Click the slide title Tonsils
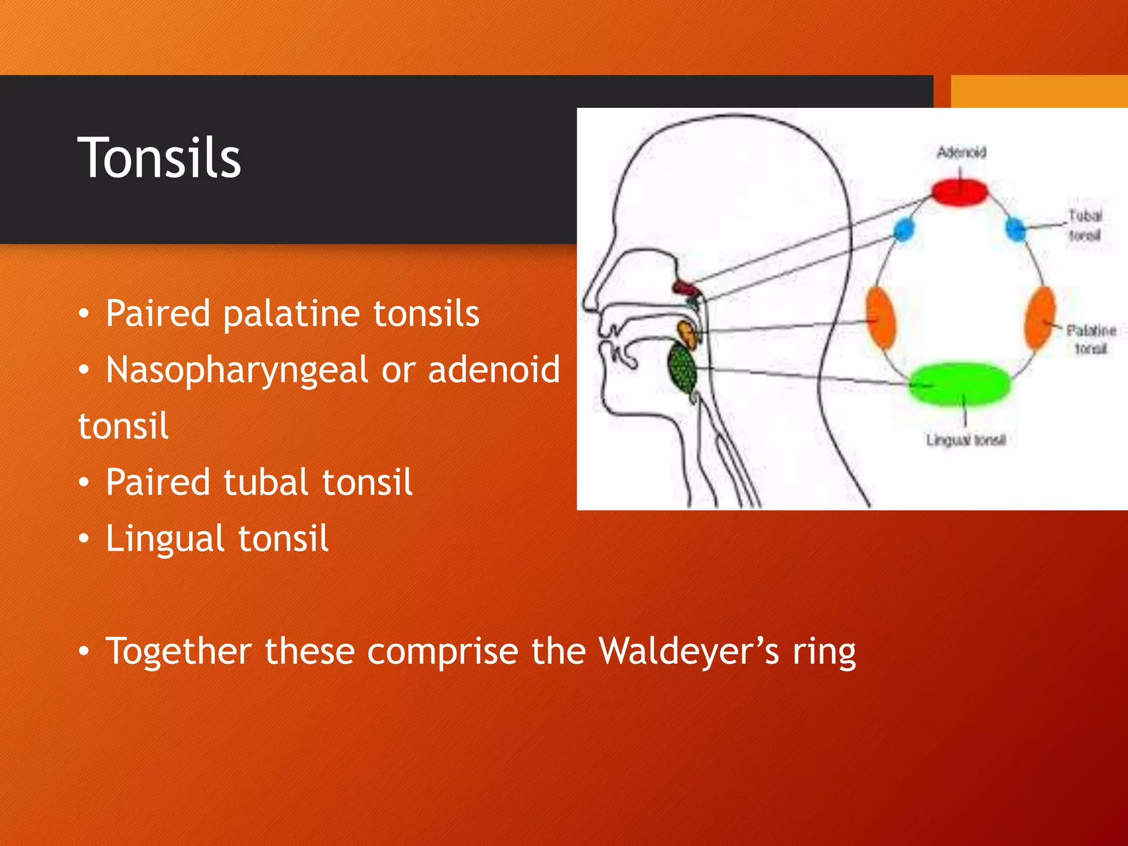[x=159, y=159]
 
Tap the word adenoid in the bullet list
[x=493, y=369]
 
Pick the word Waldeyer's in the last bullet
[x=688, y=651]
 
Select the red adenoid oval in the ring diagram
[x=959, y=192]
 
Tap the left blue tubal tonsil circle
[x=903, y=230]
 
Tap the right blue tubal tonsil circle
[x=1015, y=228]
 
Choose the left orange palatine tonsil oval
[x=881, y=318]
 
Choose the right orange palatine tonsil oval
[x=1040, y=318]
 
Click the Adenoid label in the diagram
[x=962, y=152]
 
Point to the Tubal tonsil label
[x=1085, y=225]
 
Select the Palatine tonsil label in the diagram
[x=1091, y=339]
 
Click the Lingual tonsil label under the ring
[x=966, y=440]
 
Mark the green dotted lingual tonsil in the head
[x=682, y=366]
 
